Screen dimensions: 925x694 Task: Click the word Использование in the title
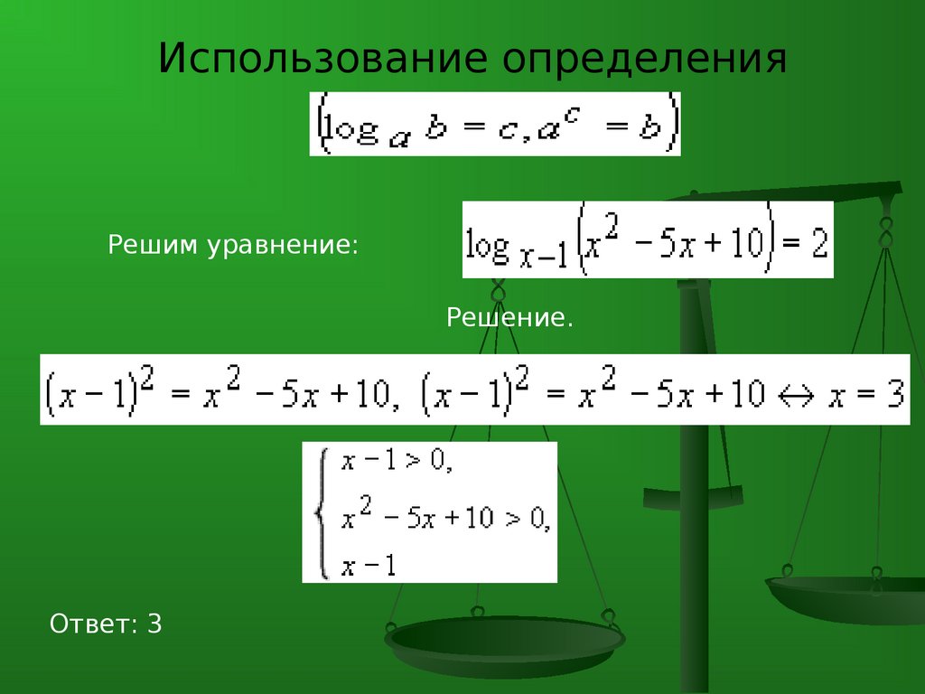322,58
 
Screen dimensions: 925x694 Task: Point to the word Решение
509,318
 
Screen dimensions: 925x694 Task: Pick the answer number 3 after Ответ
154,624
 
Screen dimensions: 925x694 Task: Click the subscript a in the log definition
398,141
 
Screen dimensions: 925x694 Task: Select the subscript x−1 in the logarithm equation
543,258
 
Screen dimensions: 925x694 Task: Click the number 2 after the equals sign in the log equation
819,242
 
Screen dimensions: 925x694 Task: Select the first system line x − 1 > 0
397,460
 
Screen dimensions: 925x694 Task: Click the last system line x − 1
369,566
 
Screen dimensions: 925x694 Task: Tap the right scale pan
846,599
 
